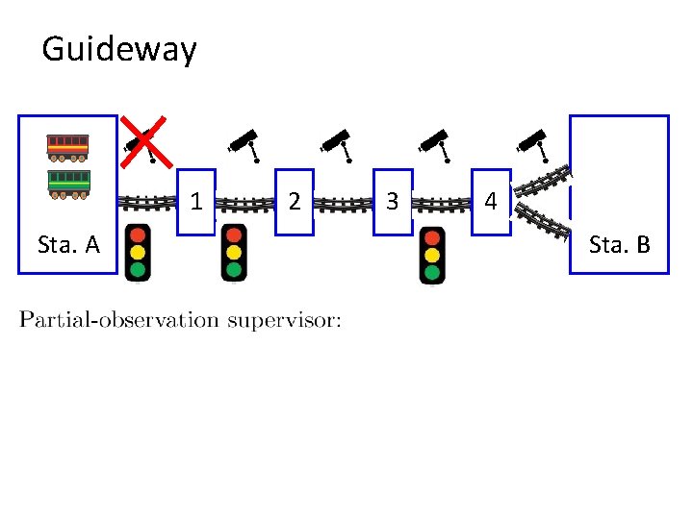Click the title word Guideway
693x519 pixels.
tap(119, 49)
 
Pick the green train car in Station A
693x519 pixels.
tap(68, 183)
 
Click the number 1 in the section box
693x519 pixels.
tap(196, 202)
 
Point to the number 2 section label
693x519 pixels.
tap(295, 202)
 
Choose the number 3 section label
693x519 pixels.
tap(392, 202)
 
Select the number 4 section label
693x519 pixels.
tap(491, 202)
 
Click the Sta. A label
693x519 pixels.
tap(68, 245)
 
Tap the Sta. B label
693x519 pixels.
tap(619, 245)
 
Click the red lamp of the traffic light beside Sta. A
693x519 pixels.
tap(139, 235)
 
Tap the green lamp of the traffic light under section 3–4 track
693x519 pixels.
tap(432, 273)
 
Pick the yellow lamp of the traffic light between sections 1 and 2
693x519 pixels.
tap(233, 253)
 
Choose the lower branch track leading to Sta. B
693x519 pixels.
tap(543, 219)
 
